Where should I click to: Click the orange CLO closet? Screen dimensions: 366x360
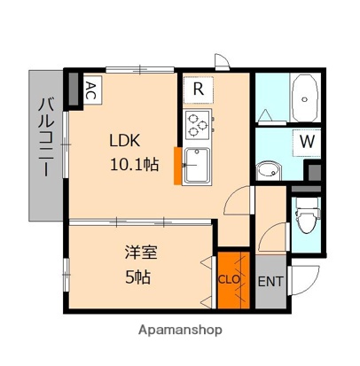(x=231, y=276)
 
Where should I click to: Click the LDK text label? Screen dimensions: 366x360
(x=126, y=140)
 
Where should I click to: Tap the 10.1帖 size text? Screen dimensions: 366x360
(x=135, y=163)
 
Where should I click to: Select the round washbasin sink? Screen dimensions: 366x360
(x=267, y=169)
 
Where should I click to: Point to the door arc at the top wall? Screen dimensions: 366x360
(x=221, y=63)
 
